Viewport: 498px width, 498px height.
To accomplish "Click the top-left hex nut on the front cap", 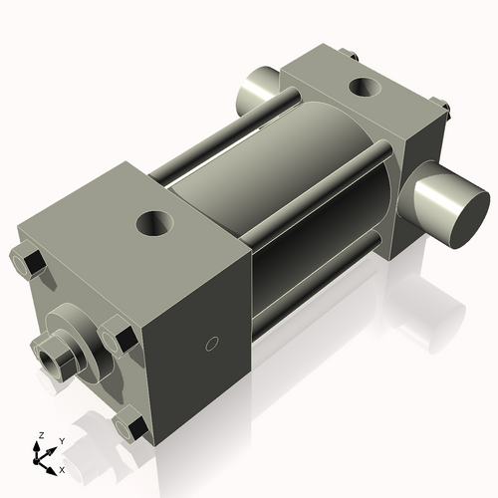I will click(28, 263).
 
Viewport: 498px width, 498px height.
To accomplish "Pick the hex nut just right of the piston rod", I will click(119, 335).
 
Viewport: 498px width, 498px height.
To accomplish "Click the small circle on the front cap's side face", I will click(210, 345).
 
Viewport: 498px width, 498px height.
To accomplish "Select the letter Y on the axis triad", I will click(61, 439).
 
